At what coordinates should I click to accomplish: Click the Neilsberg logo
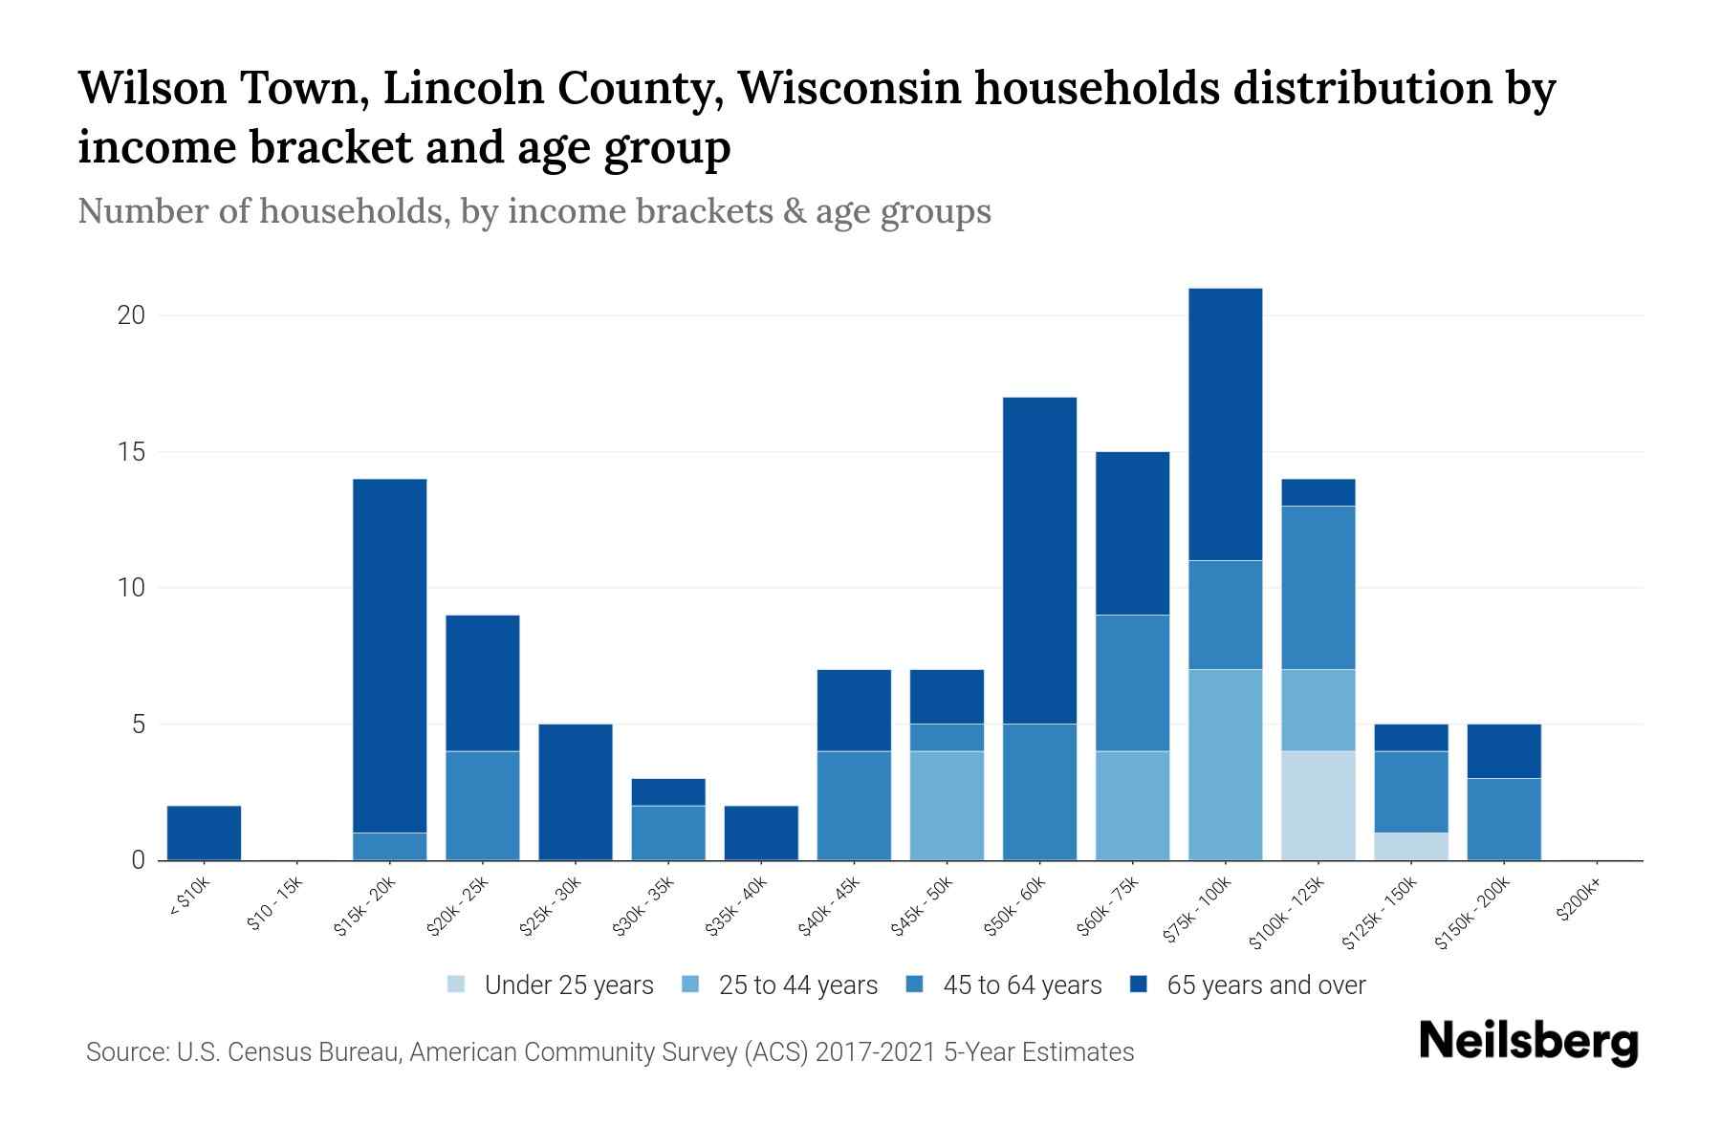pyautogui.click(x=1528, y=1042)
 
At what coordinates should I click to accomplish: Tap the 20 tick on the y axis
pyautogui.click(x=131, y=315)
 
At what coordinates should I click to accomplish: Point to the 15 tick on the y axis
pyautogui.click(x=131, y=452)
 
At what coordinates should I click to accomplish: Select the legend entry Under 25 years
pyautogui.click(x=551, y=985)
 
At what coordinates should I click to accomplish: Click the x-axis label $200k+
pyautogui.click(x=1579, y=901)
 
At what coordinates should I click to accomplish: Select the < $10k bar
pyautogui.click(x=204, y=833)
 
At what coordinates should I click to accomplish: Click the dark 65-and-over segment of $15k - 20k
pyautogui.click(x=390, y=655)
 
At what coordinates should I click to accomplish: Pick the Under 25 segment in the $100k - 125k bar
pyautogui.click(x=1318, y=805)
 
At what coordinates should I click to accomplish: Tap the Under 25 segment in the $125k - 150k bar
pyautogui.click(x=1411, y=846)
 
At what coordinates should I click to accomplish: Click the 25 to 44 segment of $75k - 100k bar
pyautogui.click(x=1226, y=765)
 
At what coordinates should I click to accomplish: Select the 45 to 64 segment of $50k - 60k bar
pyautogui.click(x=1039, y=791)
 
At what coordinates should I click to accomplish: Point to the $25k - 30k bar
pyautogui.click(x=576, y=791)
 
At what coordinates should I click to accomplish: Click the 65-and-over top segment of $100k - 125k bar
pyautogui.click(x=1318, y=492)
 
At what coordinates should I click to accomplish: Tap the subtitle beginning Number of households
pyautogui.click(x=534, y=211)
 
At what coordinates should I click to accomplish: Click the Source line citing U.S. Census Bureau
pyautogui.click(x=610, y=1052)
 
